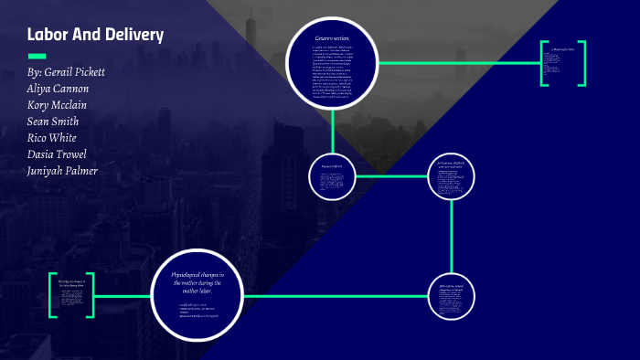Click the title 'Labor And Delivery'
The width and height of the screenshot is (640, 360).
95,36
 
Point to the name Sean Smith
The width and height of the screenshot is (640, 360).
53,121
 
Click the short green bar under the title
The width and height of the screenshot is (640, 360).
37,55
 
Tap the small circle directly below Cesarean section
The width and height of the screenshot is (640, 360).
332,176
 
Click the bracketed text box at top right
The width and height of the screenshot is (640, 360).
563,64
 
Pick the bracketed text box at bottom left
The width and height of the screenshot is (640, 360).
72,295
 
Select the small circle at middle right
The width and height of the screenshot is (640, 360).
453,176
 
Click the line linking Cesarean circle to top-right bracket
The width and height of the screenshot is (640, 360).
457,63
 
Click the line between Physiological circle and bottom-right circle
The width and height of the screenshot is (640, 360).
338,296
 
